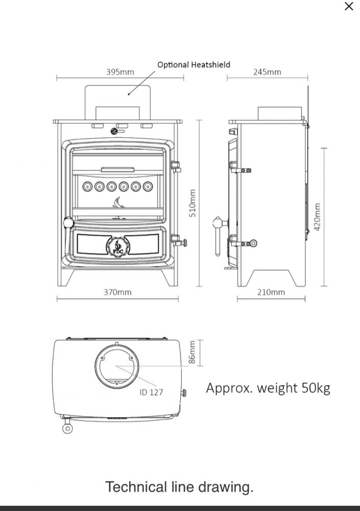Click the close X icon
349,6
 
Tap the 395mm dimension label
120,72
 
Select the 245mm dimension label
267,72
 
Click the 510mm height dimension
193,203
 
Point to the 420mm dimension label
317,217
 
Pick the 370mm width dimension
117,292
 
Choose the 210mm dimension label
271,292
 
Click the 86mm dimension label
192,352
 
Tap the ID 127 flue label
151,392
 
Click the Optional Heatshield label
194,64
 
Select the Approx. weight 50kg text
268,388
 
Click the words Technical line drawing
179,487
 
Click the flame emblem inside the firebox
116,203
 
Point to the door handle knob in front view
68,222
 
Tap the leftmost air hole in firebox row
87,187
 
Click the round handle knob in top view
67,428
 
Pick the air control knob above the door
114,131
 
